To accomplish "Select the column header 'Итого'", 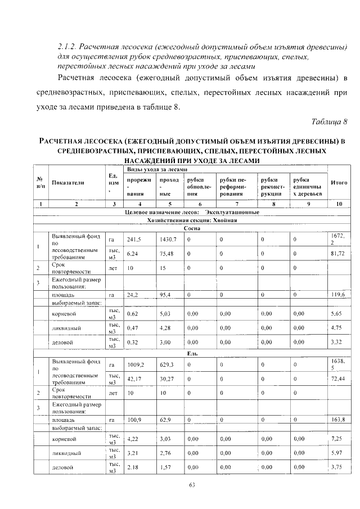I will click(x=339, y=183).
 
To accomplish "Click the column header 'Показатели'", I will click(x=68, y=183).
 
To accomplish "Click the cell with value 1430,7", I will click(x=168, y=240).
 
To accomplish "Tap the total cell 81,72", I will click(x=337, y=254).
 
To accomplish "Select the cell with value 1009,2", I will click(x=136, y=364).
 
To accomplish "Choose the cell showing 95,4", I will click(x=165, y=295).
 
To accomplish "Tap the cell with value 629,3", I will click(x=167, y=364).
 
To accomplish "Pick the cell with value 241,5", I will click(x=134, y=240).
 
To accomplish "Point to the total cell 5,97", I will click(x=336, y=452).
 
